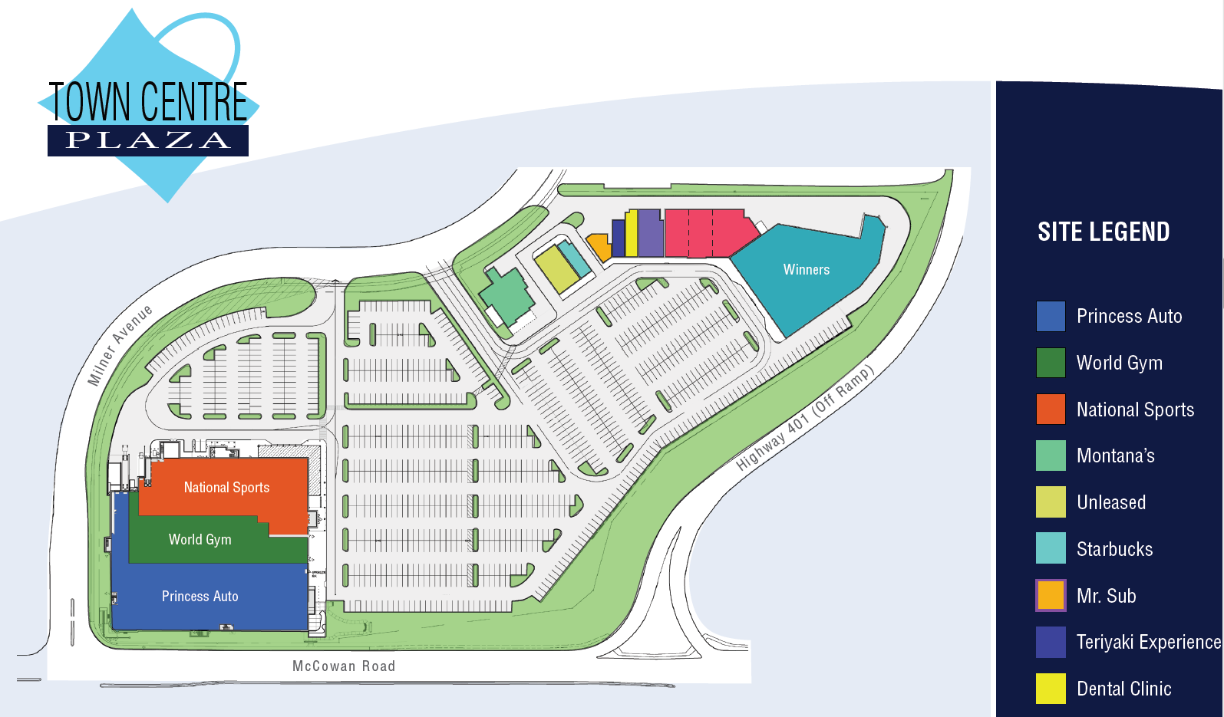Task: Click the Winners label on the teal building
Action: click(806, 270)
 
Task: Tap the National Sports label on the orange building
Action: click(226, 488)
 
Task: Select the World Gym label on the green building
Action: click(200, 540)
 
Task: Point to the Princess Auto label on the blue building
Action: click(200, 597)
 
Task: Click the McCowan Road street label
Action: click(344, 666)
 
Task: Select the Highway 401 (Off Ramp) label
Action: click(804, 419)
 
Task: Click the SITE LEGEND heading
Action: click(1104, 232)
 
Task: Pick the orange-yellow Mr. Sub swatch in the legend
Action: click(1051, 596)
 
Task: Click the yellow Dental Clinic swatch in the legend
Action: click(1051, 689)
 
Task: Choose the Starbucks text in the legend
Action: click(1114, 549)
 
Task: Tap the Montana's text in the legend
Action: click(1115, 456)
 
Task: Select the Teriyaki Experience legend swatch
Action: click(1051, 643)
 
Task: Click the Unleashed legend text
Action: click(1111, 503)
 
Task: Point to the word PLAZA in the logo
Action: click(148, 140)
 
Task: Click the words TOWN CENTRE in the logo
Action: click(148, 102)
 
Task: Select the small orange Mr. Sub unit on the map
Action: click(599, 246)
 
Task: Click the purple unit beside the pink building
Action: click(651, 233)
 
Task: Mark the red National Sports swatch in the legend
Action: click(1051, 409)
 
